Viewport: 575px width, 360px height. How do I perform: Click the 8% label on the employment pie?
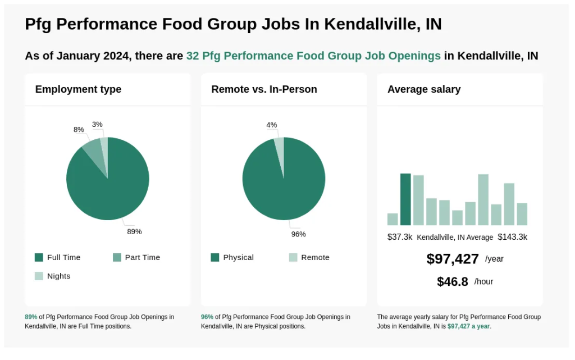click(x=79, y=130)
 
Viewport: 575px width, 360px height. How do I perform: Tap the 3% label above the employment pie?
click(x=97, y=125)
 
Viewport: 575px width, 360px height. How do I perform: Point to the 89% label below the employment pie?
click(x=134, y=231)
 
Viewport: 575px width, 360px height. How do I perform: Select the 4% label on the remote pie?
click(x=272, y=125)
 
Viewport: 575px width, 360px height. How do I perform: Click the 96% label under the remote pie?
click(x=298, y=234)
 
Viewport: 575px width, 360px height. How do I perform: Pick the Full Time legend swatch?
click(x=39, y=257)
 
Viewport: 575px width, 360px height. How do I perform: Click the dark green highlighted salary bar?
click(x=405, y=199)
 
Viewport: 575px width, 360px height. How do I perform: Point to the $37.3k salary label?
click(x=400, y=237)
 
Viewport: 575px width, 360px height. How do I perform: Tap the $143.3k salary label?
click(x=512, y=237)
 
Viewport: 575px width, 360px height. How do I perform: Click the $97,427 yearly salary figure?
click(x=453, y=259)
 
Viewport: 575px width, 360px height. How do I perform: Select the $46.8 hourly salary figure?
click(x=453, y=281)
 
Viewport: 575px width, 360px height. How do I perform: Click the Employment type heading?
click(x=78, y=89)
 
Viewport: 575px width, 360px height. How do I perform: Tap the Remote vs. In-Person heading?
click(x=264, y=89)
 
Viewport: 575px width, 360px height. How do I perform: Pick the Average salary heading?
click(x=424, y=89)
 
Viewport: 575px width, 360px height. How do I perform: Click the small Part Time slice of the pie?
click(x=93, y=151)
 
